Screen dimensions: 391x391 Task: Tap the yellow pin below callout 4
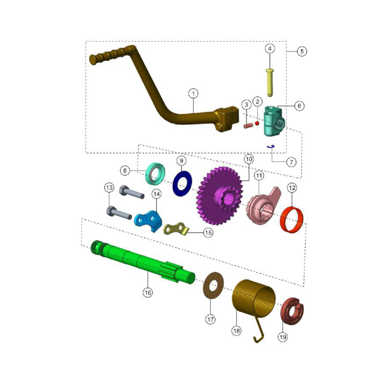point(270,81)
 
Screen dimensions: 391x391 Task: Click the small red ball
point(257,123)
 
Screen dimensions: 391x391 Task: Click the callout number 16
point(147,292)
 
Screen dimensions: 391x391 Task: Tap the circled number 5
point(302,51)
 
